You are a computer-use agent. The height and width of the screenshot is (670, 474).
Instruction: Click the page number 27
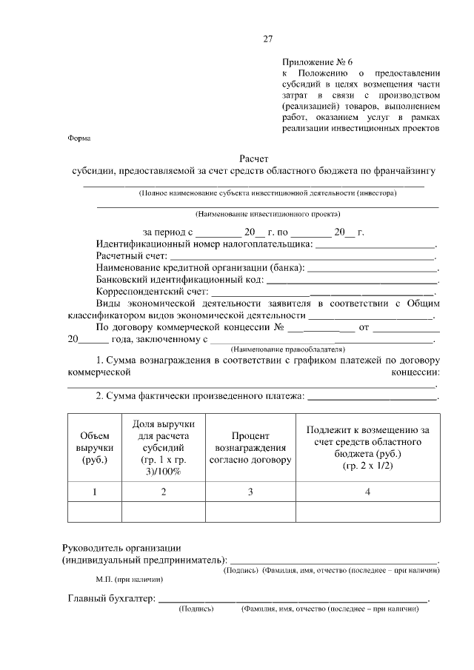[x=268, y=39]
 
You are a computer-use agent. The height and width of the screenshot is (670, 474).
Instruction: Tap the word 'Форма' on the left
[x=78, y=138]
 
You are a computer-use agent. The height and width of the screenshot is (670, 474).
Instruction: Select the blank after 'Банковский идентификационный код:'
[x=352, y=281]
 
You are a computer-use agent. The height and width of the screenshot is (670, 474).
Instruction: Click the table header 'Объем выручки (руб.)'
[x=94, y=448]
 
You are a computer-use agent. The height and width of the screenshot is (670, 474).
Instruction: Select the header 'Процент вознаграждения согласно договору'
[x=250, y=448]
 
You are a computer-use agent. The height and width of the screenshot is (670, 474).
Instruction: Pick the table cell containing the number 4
[x=367, y=492]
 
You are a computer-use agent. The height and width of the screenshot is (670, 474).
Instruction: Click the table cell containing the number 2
[x=163, y=492]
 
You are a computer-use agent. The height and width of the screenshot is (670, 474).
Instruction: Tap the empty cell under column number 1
[x=94, y=512]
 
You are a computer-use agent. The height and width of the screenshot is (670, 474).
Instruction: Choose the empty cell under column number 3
[x=250, y=512]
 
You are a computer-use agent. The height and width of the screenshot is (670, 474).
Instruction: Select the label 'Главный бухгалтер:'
[x=111, y=598]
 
